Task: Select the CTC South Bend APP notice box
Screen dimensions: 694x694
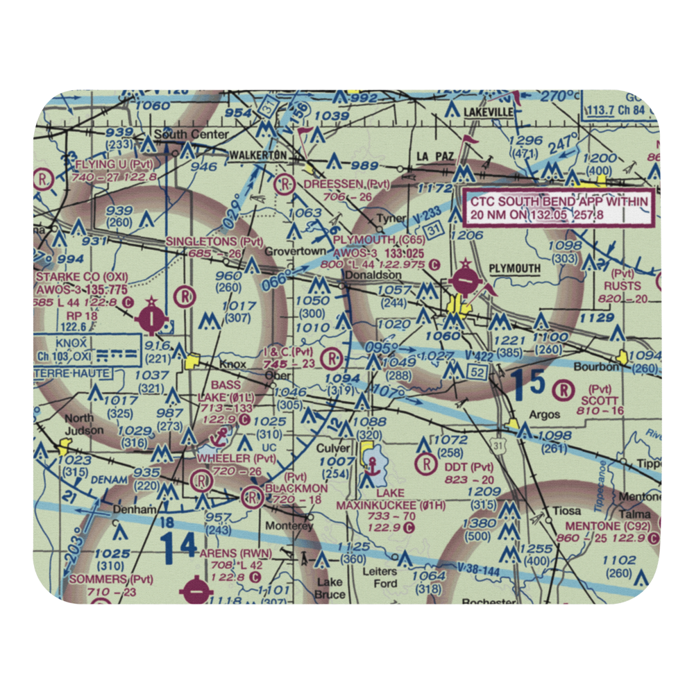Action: coord(559,208)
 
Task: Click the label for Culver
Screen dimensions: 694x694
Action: coord(333,448)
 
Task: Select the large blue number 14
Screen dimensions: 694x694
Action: coord(178,545)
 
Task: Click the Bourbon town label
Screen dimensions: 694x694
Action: coord(599,366)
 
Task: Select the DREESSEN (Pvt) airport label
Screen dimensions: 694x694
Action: coord(347,183)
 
